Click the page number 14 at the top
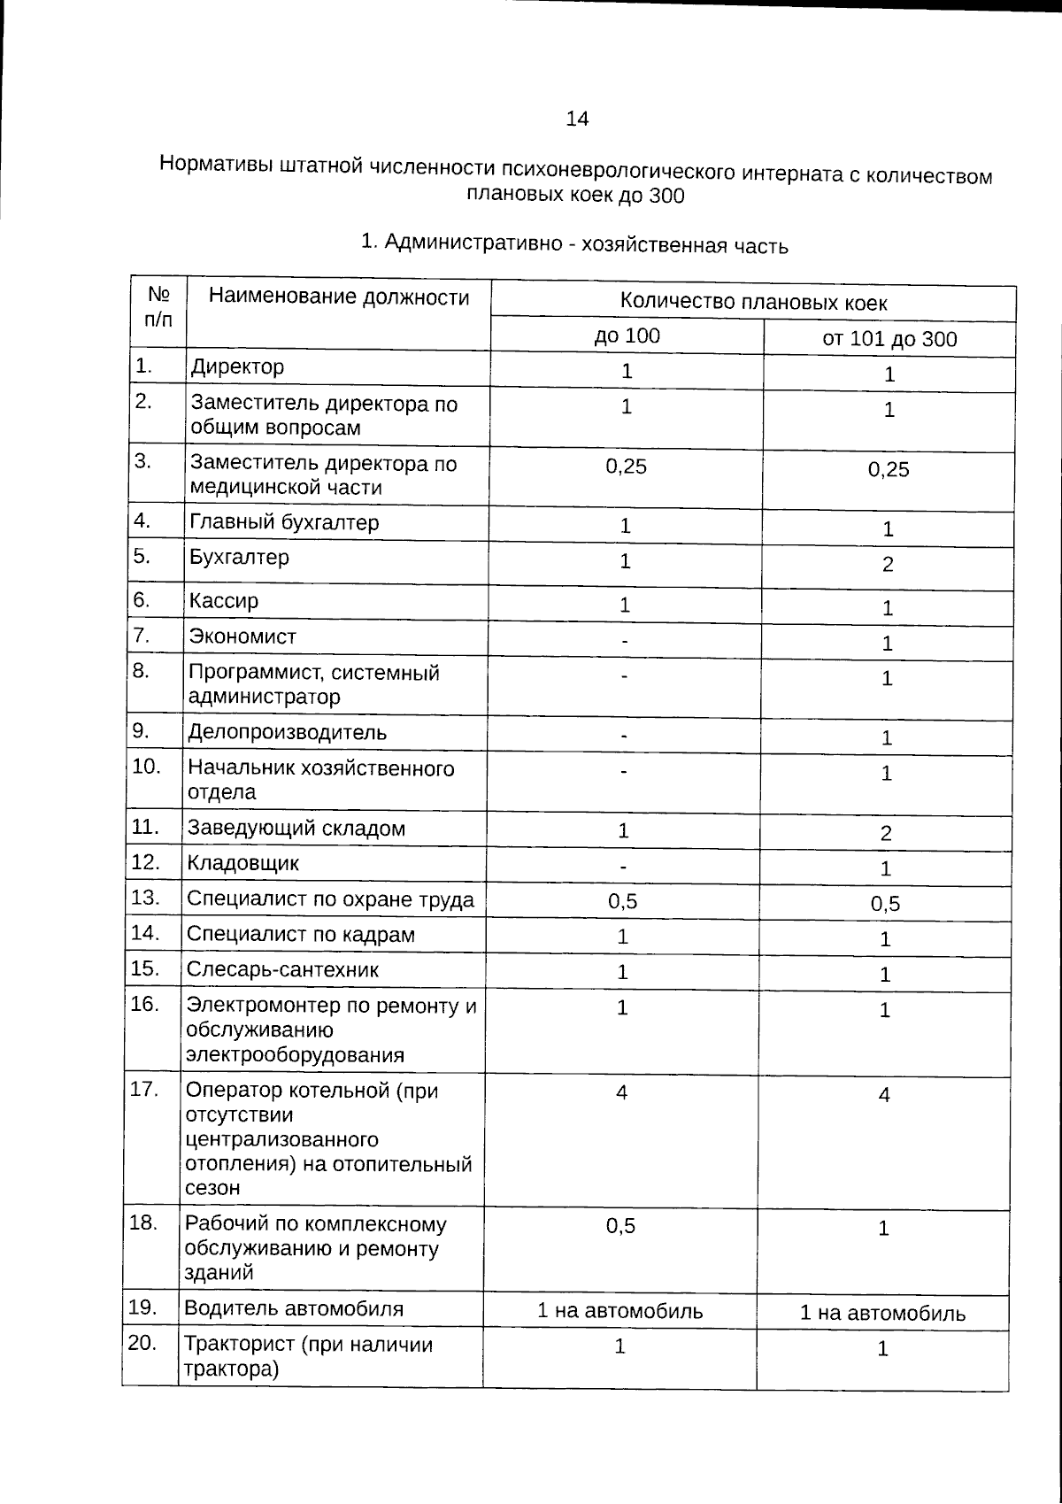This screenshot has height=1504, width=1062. point(576,119)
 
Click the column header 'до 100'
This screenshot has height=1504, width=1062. point(627,336)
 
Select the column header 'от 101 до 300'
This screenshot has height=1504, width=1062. point(889,339)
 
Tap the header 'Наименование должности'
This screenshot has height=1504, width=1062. point(339,297)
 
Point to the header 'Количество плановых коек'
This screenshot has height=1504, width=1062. point(753,302)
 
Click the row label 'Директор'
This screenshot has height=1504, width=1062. point(238,366)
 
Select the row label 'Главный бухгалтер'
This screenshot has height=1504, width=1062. point(284,522)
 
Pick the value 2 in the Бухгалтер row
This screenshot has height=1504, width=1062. point(888,565)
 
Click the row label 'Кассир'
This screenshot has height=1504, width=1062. point(223,601)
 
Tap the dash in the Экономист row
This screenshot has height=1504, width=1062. point(625,640)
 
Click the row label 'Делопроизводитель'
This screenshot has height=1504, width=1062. point(287,732)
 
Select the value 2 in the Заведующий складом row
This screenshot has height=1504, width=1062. point(886,833)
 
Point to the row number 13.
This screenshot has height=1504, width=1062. point(144,898)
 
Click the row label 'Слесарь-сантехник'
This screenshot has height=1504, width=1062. point(282,969)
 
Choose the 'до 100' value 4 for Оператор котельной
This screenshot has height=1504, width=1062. point(622,1092)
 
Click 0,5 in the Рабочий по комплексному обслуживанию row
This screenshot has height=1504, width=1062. point(620,1226)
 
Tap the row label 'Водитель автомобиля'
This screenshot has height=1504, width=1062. point(293,1308)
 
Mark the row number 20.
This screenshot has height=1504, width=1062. point(142,1343)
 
